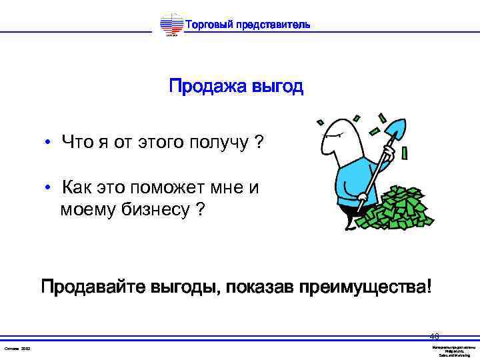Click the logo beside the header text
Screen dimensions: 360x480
171,25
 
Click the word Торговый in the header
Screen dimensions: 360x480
207,25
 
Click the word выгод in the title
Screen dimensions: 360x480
277,87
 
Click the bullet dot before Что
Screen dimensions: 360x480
49,142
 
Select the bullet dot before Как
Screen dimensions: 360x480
49,187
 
